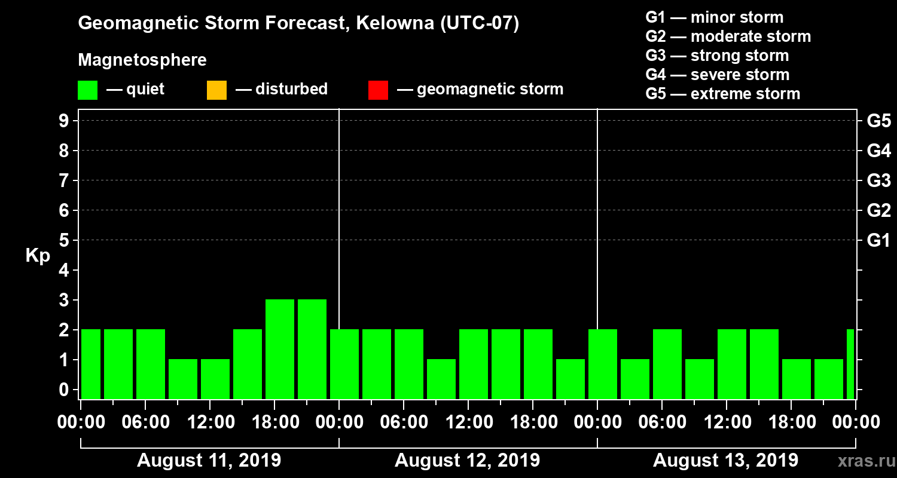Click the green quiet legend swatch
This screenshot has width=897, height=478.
point(87,90)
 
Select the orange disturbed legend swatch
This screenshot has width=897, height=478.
point(216,90)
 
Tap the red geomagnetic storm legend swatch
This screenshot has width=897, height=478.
point(378,90)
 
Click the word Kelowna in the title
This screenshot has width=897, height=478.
point(385,23)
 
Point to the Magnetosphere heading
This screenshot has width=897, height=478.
point(142,60)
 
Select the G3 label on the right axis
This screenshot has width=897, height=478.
point(878,180)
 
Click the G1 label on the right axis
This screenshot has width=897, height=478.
point(878,240)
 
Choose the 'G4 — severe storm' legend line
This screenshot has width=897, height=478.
point(717,75)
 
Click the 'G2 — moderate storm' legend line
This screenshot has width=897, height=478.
point(728,36)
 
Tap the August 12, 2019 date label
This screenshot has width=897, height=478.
point(467,461)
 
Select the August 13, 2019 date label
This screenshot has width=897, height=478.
point(725,461)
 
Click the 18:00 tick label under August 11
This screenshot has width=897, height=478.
point(274,422)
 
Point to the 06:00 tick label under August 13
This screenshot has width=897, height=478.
point(661,422)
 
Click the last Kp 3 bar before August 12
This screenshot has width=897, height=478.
point(312,349)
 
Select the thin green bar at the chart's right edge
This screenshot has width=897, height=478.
point(850,364)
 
